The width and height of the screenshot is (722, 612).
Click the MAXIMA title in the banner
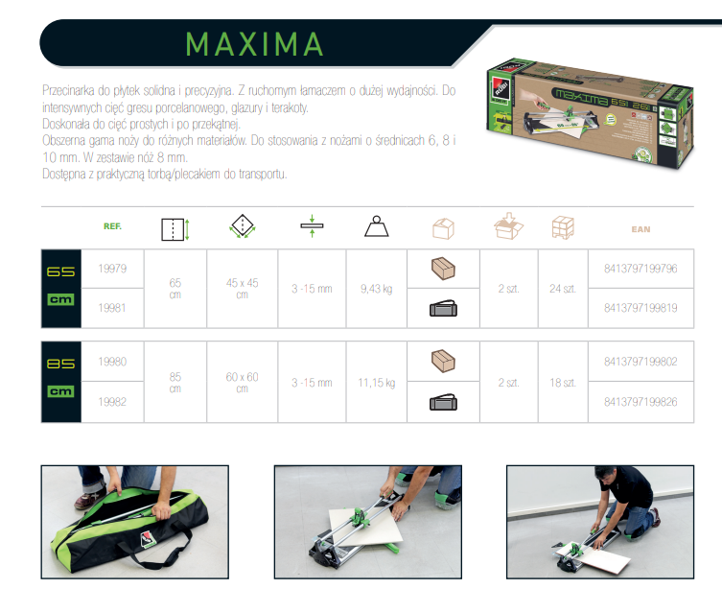(x=254, y=44)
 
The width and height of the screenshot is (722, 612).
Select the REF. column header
(x=112, y=226)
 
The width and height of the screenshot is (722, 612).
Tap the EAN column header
(x=640, y=229)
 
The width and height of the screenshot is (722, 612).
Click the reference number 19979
(x=112, y=269)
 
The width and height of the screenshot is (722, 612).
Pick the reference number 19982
(x=112, y=402)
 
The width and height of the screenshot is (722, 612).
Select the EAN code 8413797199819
(x=640, y=308)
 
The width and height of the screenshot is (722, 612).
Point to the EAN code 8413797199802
(x=640, y=362)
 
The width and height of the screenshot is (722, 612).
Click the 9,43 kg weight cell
(x=377, y=289)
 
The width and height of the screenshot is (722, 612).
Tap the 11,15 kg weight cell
(x=377, y=383)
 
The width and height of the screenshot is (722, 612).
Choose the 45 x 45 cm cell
(x=243, y=289)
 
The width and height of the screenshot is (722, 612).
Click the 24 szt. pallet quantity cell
(x=563, y=289)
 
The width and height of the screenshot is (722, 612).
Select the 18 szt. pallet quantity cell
(x=563, y=383)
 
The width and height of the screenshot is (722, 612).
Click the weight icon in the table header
(x=377, y=226)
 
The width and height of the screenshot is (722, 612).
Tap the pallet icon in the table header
(x=563, y=227)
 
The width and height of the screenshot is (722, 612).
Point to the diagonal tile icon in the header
(x=243, y=226)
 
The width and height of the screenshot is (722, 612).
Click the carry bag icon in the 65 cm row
(x=443, y=309)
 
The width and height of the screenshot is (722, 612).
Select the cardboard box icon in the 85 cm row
(x=443, y=361)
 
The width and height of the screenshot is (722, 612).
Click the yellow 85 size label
(x=60, y=364)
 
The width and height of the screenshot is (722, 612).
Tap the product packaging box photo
(x=590, y=113)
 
